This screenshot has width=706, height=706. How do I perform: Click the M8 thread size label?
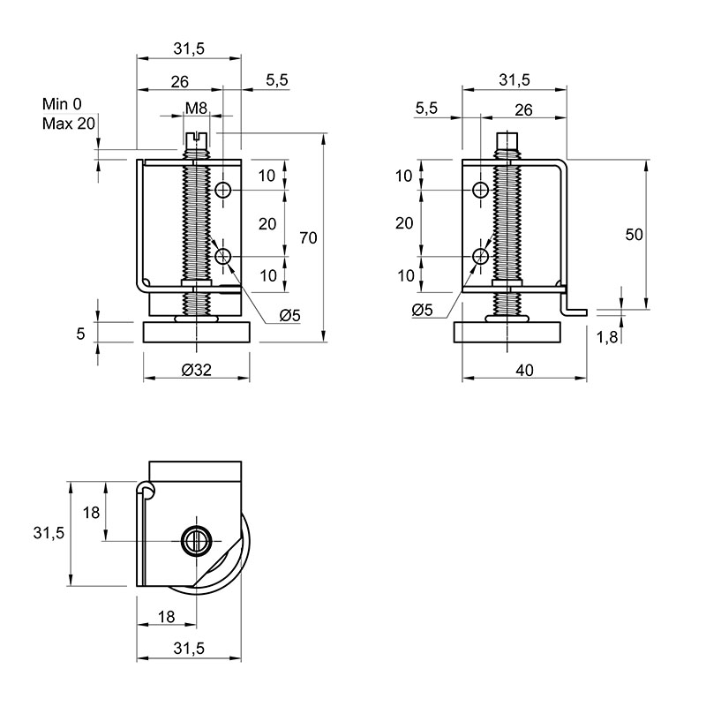[196, 108]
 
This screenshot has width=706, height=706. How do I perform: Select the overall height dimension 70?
[308, 237]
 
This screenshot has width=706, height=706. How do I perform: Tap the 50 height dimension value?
[634, 234]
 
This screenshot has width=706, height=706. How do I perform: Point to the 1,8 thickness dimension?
[607, 337]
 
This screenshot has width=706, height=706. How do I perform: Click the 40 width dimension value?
[524, 370]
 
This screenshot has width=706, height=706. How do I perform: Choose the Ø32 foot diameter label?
[196, 370]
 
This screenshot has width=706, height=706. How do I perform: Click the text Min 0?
[62, 104]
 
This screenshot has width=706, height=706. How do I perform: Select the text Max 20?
[69, 123]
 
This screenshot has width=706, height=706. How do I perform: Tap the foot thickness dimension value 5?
[80, 334]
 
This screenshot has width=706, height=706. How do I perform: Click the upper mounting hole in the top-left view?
[223, 191]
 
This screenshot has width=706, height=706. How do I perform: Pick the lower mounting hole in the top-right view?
[481, 257]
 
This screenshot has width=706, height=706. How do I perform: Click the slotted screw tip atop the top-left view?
[196, 139]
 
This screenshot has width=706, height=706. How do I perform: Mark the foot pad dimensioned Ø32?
[196, 333]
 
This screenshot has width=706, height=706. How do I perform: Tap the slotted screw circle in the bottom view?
[196, 540]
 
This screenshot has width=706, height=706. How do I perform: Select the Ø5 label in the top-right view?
[422, 310]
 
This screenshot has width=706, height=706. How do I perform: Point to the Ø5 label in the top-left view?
[289, 316]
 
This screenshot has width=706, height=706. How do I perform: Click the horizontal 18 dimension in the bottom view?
[167, 617]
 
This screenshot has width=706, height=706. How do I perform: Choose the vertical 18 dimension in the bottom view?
[91, 513]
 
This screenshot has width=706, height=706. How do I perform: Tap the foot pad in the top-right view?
[507, 333]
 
